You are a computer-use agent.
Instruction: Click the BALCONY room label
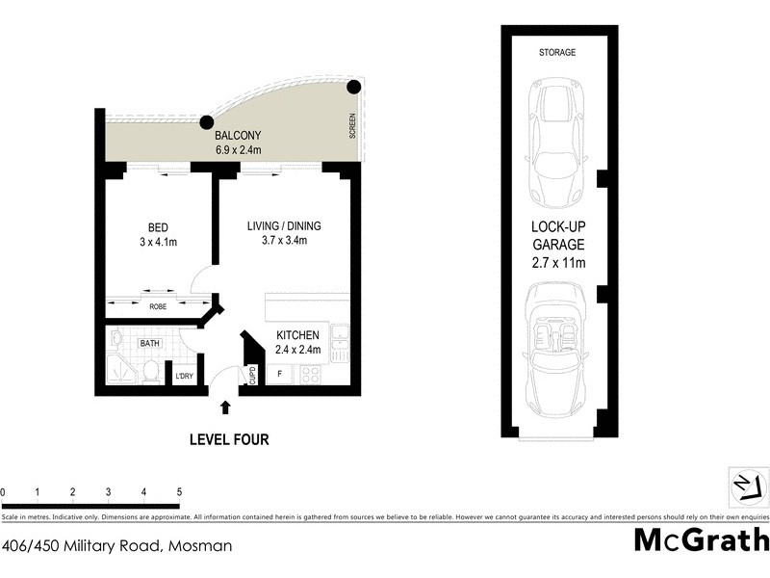coord(238,136)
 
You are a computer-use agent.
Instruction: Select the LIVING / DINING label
coord(284,226)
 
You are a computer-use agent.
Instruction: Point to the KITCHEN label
coord(297,334)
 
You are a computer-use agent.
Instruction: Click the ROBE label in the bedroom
coord(158,307)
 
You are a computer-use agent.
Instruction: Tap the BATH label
coord(150,343)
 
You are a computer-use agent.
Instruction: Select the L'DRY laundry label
coord(183,377)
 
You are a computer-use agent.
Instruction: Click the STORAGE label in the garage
coord(557,52)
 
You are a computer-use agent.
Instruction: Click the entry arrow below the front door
coord(225,408)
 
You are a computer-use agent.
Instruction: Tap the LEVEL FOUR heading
coord(228,440)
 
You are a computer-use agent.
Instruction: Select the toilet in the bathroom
coord(150,372)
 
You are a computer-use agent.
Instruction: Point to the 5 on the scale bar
coord(179,492)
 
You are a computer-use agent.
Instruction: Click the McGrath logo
coord(701,539)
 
